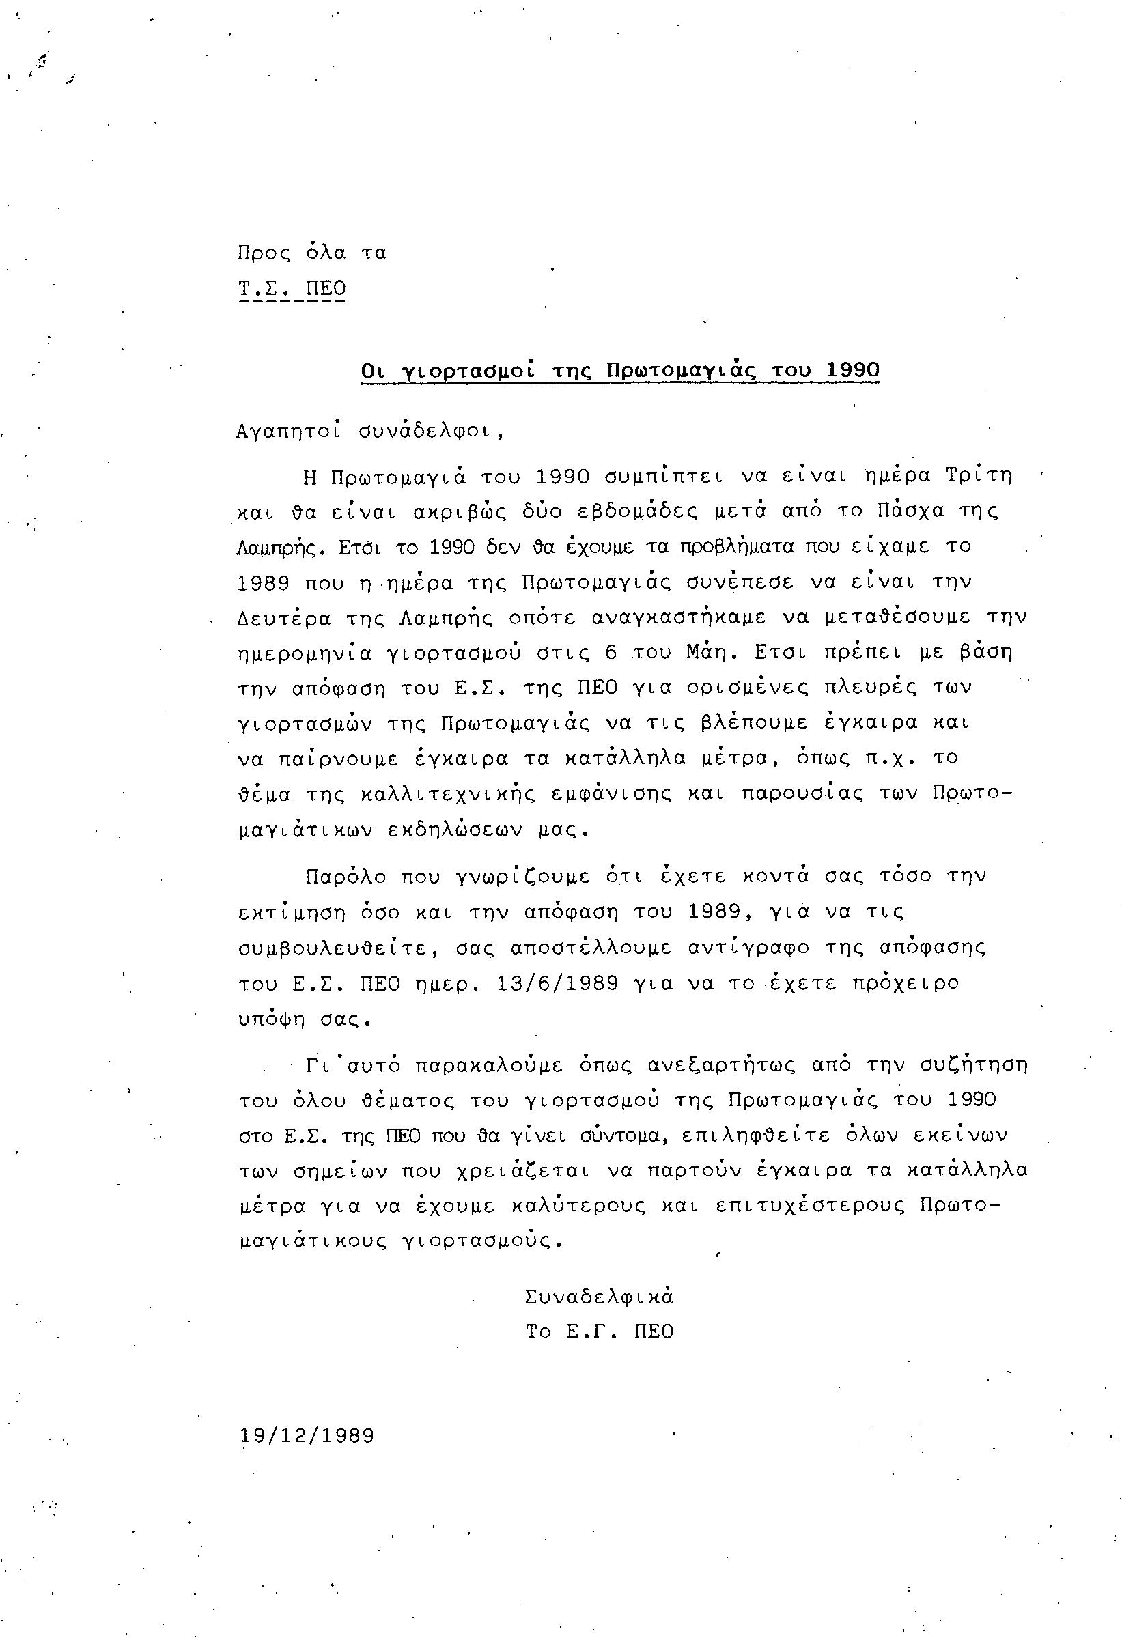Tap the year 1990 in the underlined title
pos(852,370)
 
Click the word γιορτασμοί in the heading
pos(467,371)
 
